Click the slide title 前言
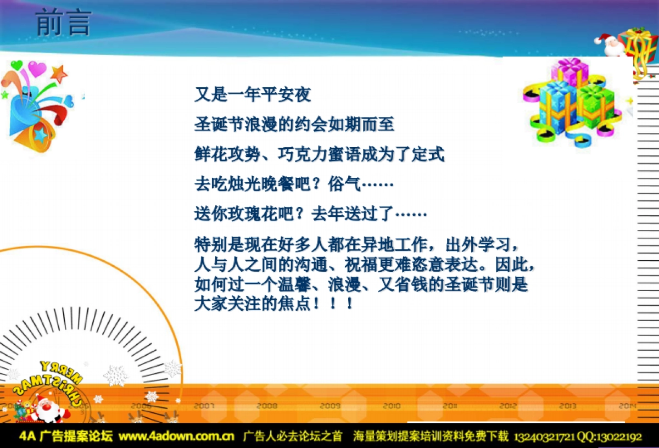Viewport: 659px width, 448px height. [x=63, y=24]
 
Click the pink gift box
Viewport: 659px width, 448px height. [x=569, y=71]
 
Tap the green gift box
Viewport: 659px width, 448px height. [x=595, y=106]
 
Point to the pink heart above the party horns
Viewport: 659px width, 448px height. [x=37, y=69]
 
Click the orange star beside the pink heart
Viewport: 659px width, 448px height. [x=58, y=73]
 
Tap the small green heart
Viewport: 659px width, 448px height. [x=16, y=65]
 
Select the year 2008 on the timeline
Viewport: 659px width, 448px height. [x=267, y=406]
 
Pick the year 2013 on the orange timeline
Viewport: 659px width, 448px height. [x=567, y=406]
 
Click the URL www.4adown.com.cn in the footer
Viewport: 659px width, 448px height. [x=176, y=437]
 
